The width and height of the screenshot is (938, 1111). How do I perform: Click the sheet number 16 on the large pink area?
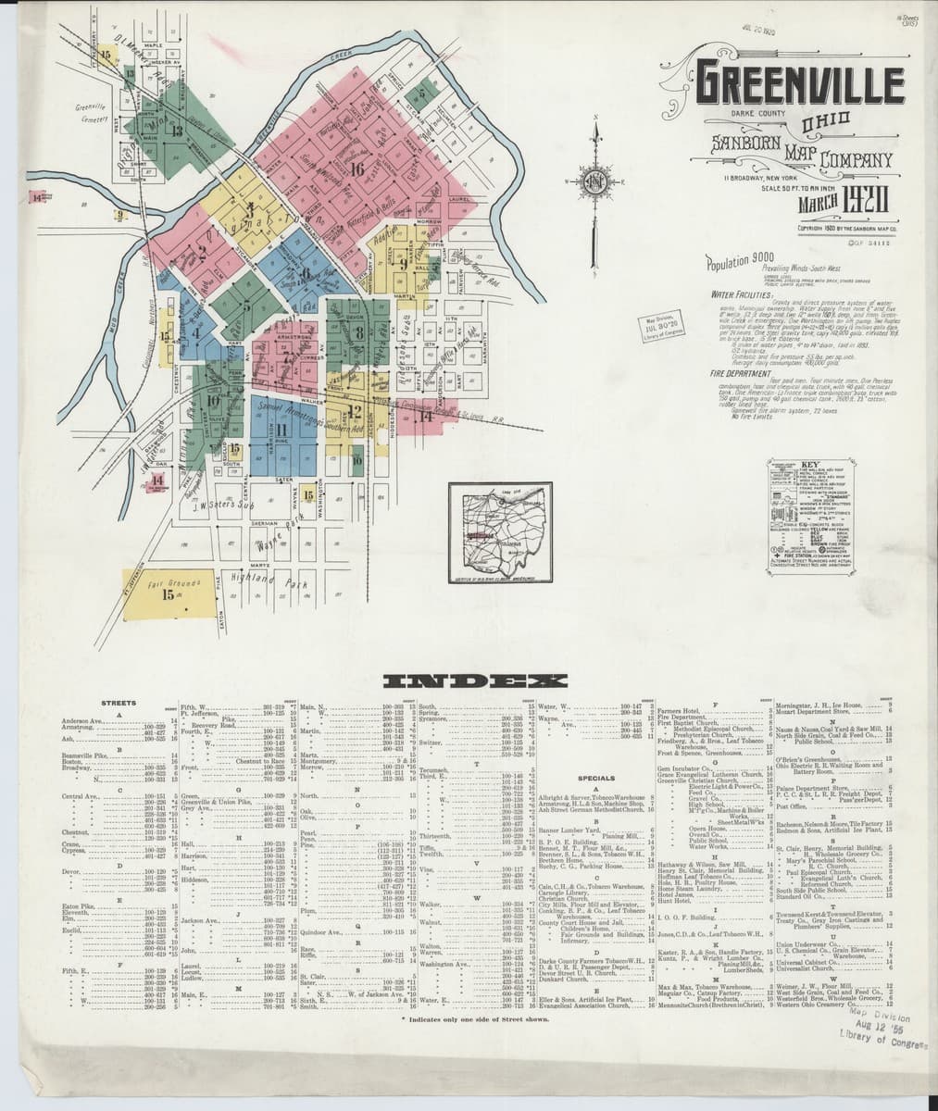tap(358, 169)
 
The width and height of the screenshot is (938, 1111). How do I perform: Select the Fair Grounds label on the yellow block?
tap(167, 585)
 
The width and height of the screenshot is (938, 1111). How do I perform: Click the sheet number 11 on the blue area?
tap(281, 431)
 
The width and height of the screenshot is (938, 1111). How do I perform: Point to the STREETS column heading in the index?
tap(119, 704)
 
